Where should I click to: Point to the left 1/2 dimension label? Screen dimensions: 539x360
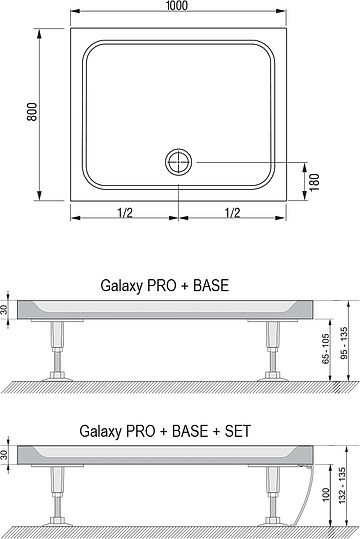[126, 212]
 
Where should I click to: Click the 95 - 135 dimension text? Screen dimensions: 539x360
[346, 345]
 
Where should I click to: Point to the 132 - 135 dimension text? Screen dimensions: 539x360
[346, 490]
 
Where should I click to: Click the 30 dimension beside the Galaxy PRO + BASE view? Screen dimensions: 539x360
[8, 310]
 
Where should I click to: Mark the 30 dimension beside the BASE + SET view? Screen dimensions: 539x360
[8, 455]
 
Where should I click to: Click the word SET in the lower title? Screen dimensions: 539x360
[239, 431]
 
